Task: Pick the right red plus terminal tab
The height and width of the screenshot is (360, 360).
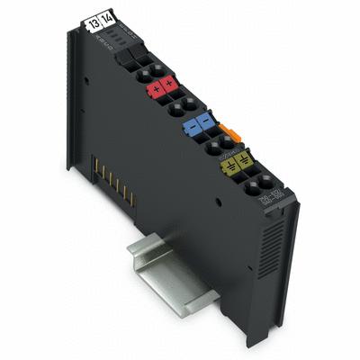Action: click(169, 86)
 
